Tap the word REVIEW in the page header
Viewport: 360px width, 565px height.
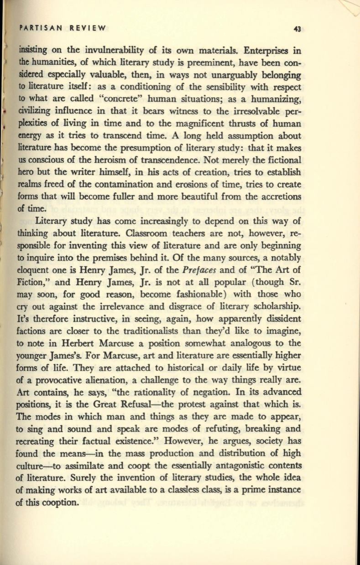87,28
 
